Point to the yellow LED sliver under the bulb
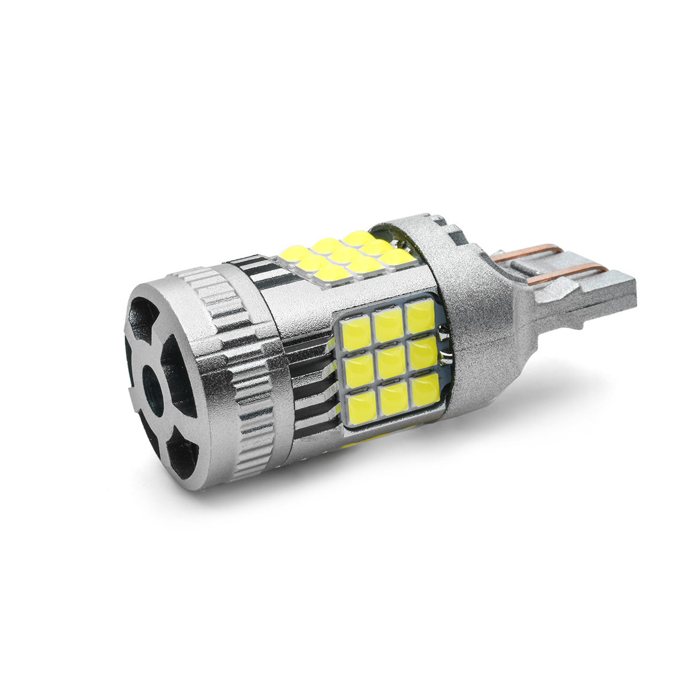[x=366, y=440]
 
